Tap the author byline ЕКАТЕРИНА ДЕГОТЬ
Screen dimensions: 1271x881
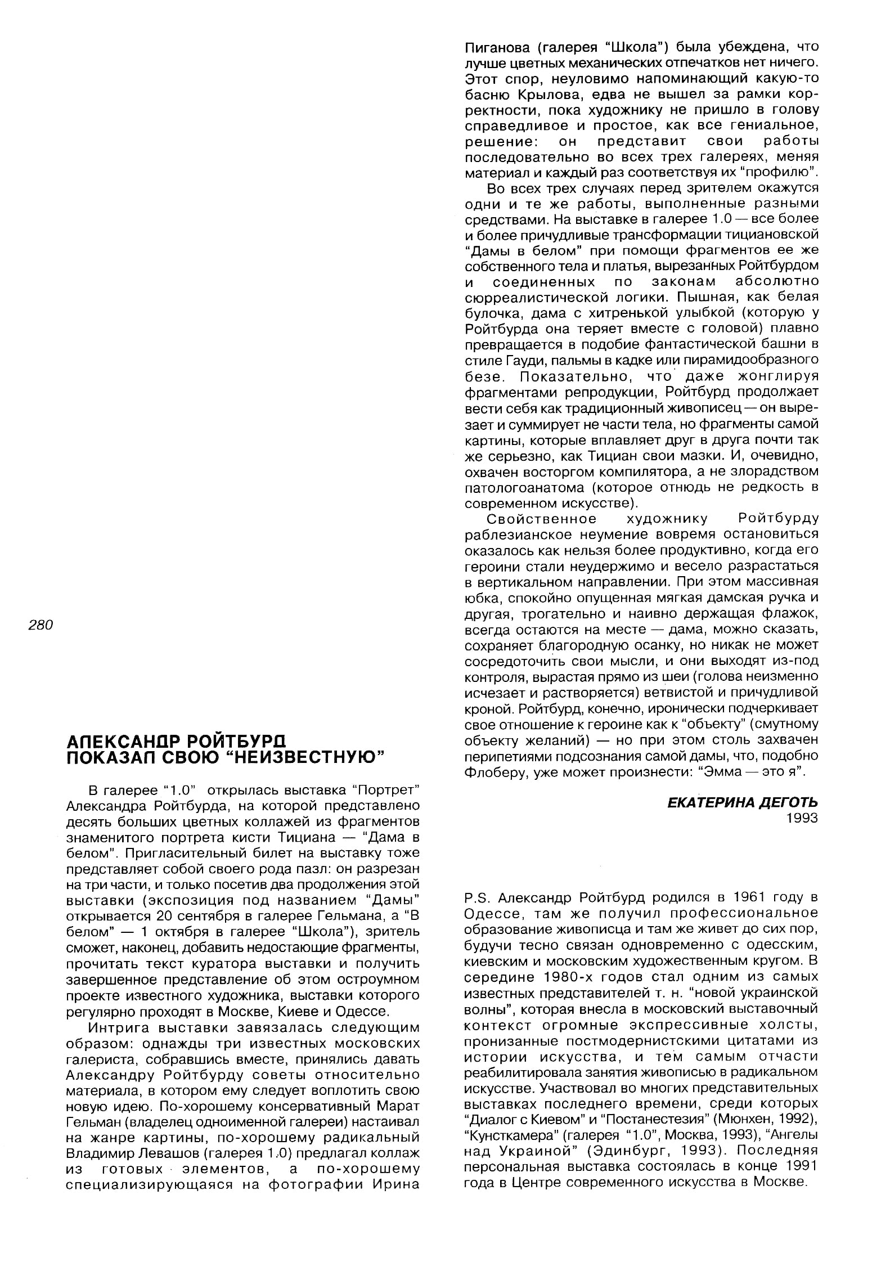click(x=743, y=802)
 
